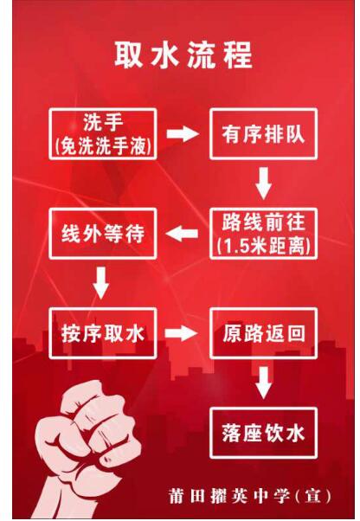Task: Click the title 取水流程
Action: tap(183, 55)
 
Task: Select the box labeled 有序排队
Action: tap(263, 134)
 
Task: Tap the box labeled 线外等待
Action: tap(103, 234)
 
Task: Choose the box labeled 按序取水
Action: tap(103, 333)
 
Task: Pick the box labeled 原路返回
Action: tap(263, 333)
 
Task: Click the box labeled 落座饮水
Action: tap(263, 433)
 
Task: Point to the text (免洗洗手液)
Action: tap(103, 146)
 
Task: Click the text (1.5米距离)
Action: tap(263, 246)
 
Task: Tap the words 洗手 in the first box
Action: tap(103, 122)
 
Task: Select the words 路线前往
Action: tap(263, 222)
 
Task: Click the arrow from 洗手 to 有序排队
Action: tap(183, 134)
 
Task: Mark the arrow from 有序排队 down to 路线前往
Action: tap(264, 183)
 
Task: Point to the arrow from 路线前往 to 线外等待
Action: tap(182, 234)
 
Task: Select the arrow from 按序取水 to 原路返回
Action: tap(182, 333)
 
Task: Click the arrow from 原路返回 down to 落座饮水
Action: tap(264, 383)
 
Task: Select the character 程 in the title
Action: tap(238, 55)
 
